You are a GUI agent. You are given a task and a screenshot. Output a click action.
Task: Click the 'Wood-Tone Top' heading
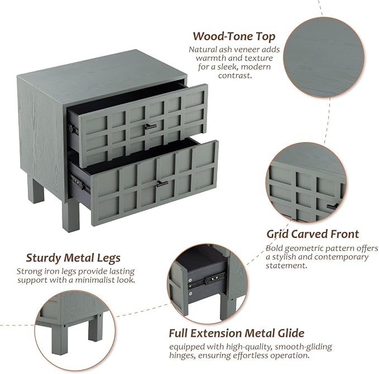point(234,36)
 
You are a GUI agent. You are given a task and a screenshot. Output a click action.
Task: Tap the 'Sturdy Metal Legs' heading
point(73,258)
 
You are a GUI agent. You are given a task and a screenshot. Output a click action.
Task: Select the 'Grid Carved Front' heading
point(313,234)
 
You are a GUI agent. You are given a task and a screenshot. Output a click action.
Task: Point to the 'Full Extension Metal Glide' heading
point(237,333)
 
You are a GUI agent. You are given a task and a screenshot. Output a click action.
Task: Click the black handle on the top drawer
point(151,127)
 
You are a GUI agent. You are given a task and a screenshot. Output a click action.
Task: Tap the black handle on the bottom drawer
point(162,183)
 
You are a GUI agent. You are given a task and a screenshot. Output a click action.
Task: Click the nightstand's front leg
point(70,215)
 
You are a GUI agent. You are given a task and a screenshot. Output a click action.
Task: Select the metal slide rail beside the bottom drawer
point(79,183)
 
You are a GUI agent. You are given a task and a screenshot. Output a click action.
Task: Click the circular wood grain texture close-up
point(324,57)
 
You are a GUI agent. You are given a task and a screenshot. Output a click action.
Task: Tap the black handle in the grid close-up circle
point(333,207)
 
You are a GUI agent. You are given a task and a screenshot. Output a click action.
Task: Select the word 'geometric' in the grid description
point(304,248)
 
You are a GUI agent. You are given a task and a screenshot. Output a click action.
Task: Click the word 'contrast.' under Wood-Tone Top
point(235,75)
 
